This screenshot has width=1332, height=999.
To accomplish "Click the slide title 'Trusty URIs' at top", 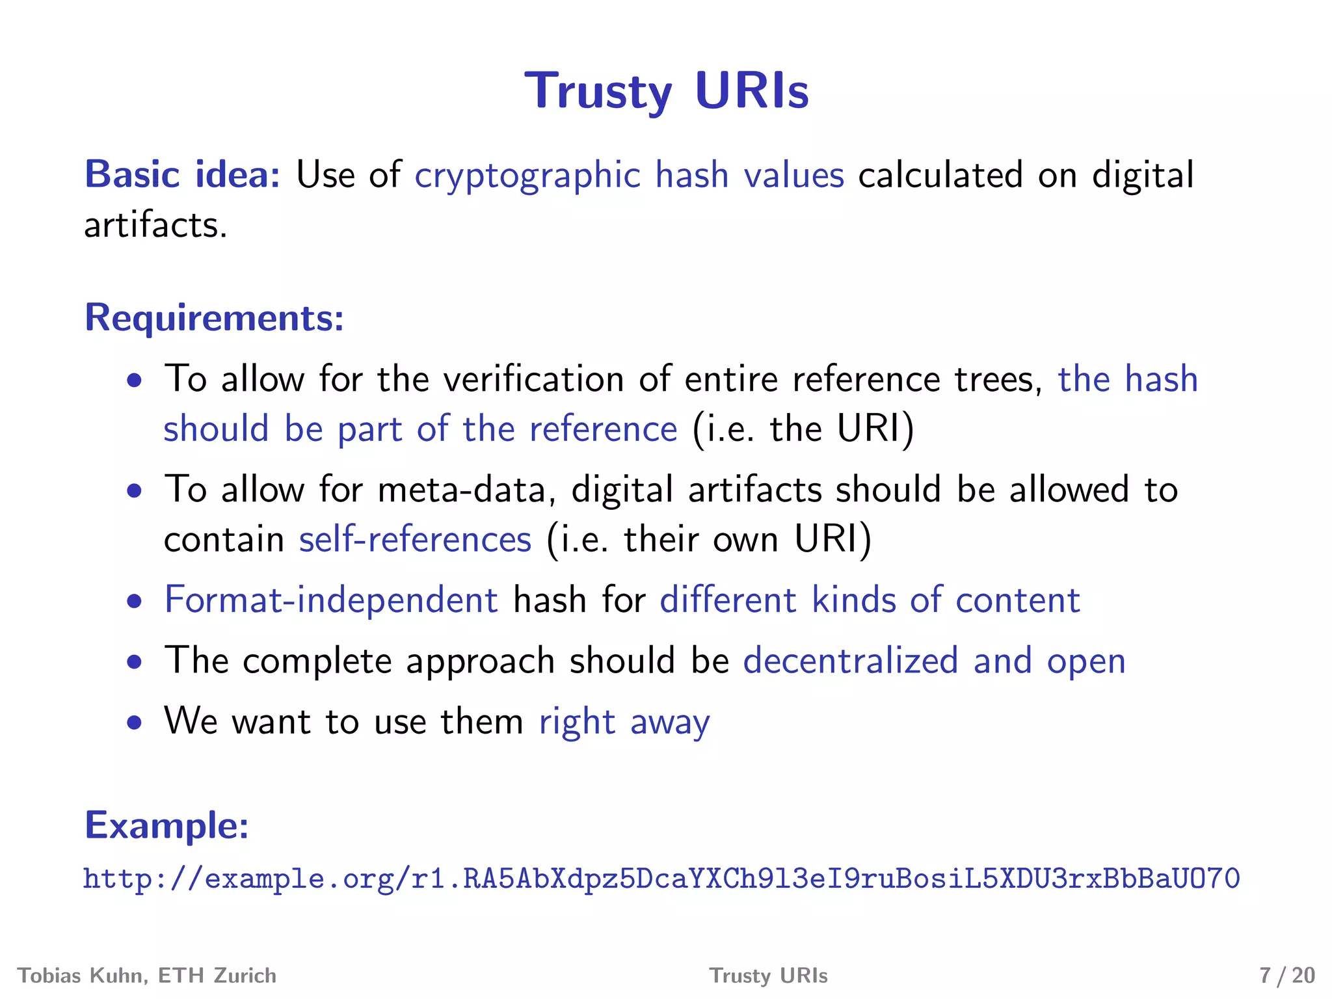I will [667, 92].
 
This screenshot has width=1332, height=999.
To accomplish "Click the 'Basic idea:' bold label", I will [183, 175].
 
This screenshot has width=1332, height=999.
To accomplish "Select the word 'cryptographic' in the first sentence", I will [527, 176].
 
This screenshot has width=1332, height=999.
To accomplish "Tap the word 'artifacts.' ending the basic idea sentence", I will [155, 226].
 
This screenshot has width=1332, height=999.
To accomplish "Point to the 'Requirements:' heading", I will [214, 318].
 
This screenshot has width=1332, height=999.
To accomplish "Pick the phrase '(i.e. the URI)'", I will [803, 430].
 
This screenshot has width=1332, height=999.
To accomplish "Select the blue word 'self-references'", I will [415, 540].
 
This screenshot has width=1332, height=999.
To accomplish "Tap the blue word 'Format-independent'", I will [331, 600].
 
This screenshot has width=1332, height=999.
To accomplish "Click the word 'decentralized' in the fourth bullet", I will [851, 661].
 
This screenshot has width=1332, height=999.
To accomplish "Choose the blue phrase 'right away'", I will [624, 722].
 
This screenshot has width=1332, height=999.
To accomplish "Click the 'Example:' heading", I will [166, 825].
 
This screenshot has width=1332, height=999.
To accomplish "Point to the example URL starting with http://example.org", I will [661, 879].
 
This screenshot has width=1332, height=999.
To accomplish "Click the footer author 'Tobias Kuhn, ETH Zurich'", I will [147, 976].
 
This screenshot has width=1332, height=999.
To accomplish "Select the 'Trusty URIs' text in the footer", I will [768, 976].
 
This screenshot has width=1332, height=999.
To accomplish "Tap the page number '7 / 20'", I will [1286, 976].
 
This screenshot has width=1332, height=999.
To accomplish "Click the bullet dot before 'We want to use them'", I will [135, 722].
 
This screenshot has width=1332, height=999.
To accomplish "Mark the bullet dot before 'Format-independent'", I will [135, 601].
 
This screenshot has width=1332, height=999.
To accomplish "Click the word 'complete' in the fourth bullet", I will [317, 661].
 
